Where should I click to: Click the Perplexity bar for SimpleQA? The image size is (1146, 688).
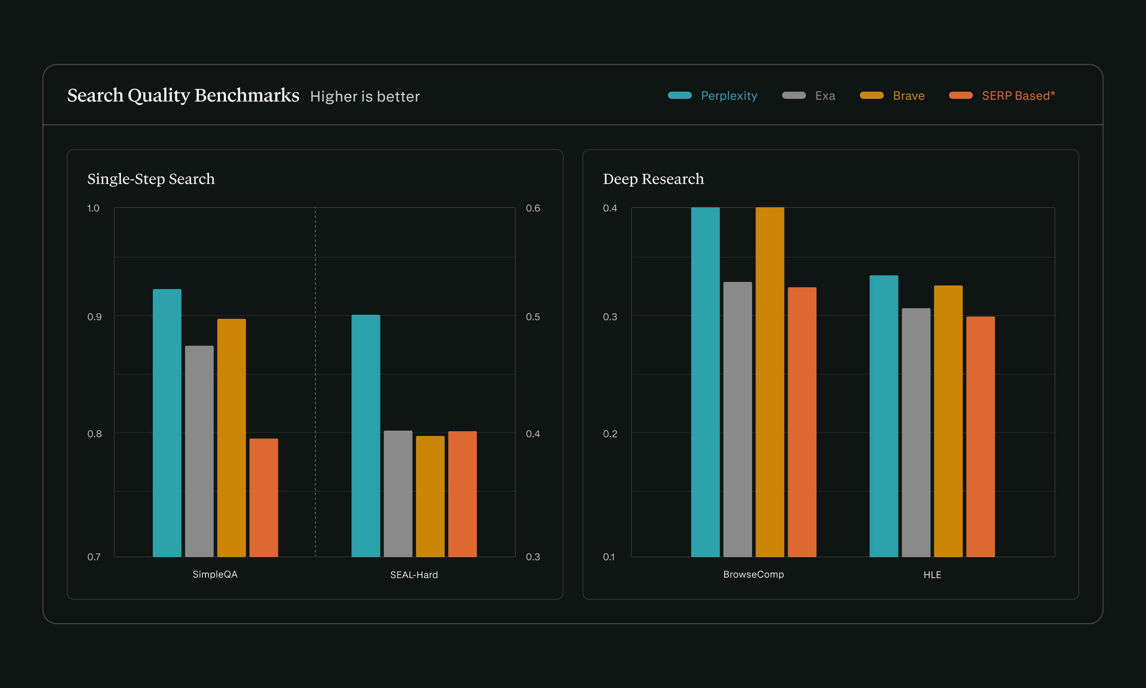click(167, 423)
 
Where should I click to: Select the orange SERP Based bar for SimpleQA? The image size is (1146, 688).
click(264, 497)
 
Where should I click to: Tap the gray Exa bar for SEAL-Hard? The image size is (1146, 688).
click(398, 494)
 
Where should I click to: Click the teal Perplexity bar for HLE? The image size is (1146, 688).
click(883, 416)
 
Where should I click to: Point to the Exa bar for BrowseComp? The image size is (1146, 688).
click(737, 419)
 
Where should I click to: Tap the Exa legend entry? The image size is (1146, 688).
click(825, 96)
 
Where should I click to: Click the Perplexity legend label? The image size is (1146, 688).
click(729, 96)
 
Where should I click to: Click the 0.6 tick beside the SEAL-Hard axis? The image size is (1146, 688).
click(533, 208)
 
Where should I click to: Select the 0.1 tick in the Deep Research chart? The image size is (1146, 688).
click(609, 557)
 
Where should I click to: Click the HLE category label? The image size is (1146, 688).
click(932, 575)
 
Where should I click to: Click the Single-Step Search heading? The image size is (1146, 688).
click(151, 179)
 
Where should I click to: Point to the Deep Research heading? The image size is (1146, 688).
click(653, 179)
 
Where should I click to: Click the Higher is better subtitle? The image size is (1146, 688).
click(365, 96)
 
